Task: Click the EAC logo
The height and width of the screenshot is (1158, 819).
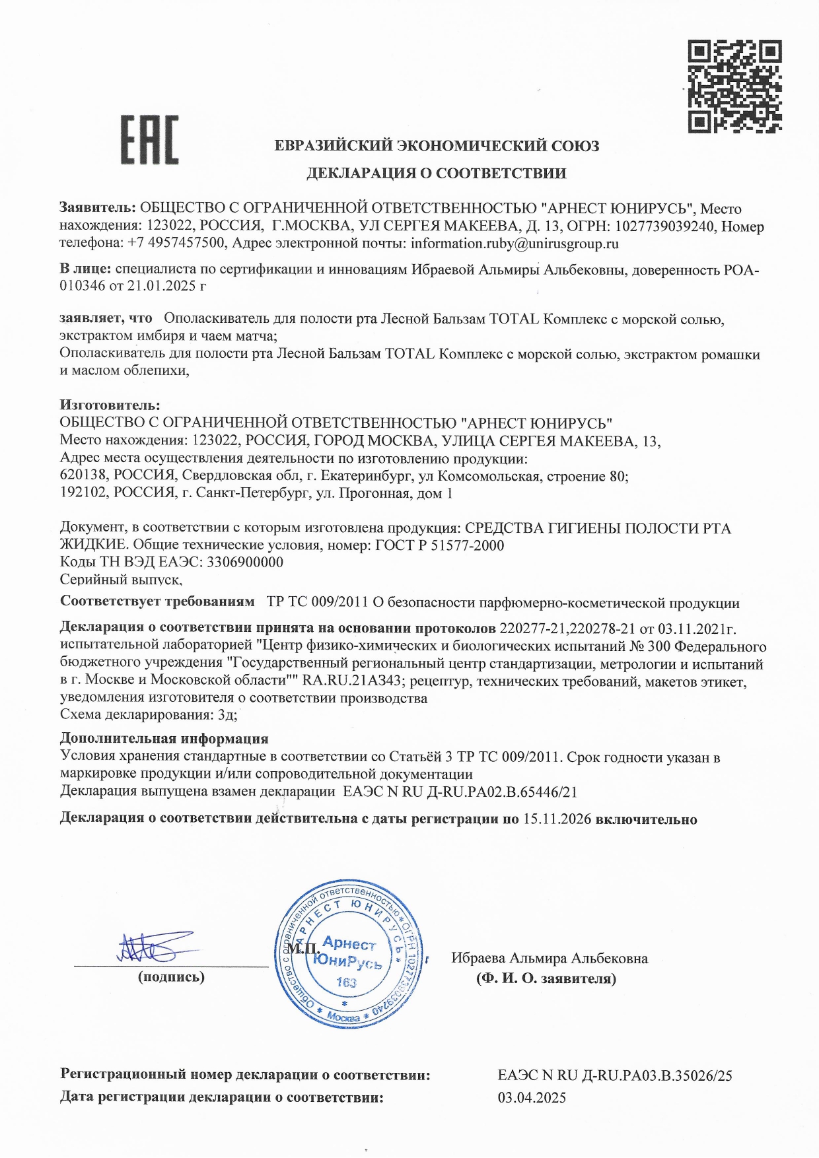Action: pos(149,140)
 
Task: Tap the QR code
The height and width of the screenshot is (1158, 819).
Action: pos(734,86)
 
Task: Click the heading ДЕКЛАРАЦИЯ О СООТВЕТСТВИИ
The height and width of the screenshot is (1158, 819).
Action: pos(436,174)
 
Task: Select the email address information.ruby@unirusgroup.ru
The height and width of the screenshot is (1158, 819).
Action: pos(515,244)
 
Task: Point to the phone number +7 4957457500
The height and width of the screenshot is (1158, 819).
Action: pos(176,244)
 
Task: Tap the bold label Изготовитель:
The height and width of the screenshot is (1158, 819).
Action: pos(110,405)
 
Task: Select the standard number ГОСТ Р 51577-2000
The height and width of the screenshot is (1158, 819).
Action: pos(439,545)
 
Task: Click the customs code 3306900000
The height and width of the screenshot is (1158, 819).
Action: pos(245,562)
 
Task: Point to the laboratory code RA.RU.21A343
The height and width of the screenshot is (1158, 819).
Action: pos(355,681)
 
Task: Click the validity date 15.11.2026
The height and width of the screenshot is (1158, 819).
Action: pos(557,819)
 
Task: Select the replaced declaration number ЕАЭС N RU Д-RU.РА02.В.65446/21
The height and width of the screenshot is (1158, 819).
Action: pos(460,792)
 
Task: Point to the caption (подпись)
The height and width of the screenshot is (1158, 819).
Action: pos(171,977)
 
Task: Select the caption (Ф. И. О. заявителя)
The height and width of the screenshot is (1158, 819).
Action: pos(546,978)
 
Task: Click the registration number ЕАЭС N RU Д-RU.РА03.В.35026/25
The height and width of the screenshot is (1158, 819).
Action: pos(614,1075)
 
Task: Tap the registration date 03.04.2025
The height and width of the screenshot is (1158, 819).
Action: pos(531,1098)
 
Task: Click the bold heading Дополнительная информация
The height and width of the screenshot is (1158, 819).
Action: pos(164,739)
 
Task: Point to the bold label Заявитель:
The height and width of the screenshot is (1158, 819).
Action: pos(98,209)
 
